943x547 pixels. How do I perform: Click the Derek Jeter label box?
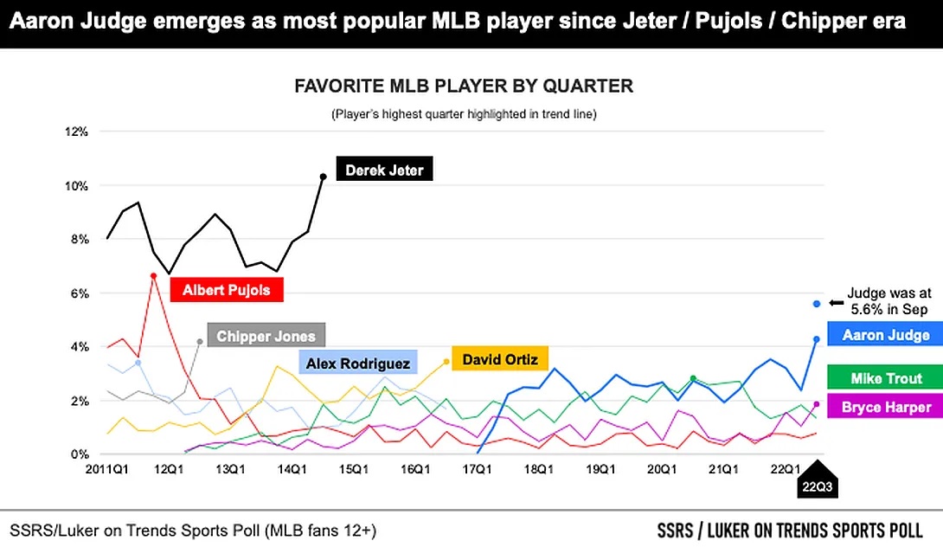click(384, 170)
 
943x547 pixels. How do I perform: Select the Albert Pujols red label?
click(227, 290)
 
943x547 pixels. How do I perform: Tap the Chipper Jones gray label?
click(266, 336)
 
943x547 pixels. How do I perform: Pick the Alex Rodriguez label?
click(358, 364)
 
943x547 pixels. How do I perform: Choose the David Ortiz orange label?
click(499, 359)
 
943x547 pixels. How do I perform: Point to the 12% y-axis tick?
click(77, 132)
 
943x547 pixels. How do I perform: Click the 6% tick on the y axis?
click(80, 293)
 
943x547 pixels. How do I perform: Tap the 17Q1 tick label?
click(477, 469)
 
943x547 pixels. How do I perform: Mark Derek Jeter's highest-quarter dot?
click(323, 177)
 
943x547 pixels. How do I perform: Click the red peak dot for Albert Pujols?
click(153, 276)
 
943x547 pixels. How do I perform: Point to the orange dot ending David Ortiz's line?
click(446, 362)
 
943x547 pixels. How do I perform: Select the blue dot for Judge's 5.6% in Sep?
click(816, 303)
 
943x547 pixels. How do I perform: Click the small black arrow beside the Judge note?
click(836, 303)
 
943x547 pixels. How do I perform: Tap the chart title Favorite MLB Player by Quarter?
click(464, 87)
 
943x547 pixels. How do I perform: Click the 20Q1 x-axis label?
click(662, 469)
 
